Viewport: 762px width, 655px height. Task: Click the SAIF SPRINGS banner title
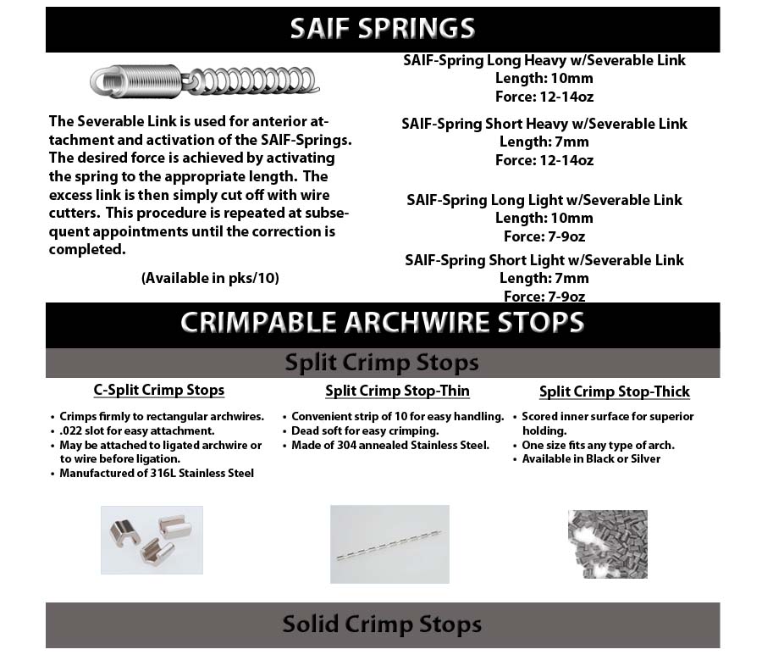382,29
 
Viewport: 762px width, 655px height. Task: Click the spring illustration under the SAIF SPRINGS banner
205,80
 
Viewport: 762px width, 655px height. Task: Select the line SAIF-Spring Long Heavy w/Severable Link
544,61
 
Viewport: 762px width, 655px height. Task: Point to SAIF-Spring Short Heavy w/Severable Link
544,124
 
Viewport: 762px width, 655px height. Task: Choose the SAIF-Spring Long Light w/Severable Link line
544,200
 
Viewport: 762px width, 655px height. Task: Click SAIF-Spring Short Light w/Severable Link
544,260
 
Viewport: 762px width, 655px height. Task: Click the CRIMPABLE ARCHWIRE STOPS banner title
382,323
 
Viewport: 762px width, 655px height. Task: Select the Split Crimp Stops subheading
382,363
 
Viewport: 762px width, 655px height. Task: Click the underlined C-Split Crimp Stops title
159,390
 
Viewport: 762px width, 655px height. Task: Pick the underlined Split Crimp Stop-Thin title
397,391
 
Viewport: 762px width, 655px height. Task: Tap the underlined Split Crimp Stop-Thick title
615,391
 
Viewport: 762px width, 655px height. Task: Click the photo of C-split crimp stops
152,540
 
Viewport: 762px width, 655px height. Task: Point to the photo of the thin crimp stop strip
389,544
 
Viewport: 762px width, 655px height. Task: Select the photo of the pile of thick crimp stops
607,544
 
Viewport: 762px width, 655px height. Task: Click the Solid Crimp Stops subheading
382,624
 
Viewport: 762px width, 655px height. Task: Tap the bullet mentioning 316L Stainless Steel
157,473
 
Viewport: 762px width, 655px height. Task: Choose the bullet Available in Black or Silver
591,458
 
